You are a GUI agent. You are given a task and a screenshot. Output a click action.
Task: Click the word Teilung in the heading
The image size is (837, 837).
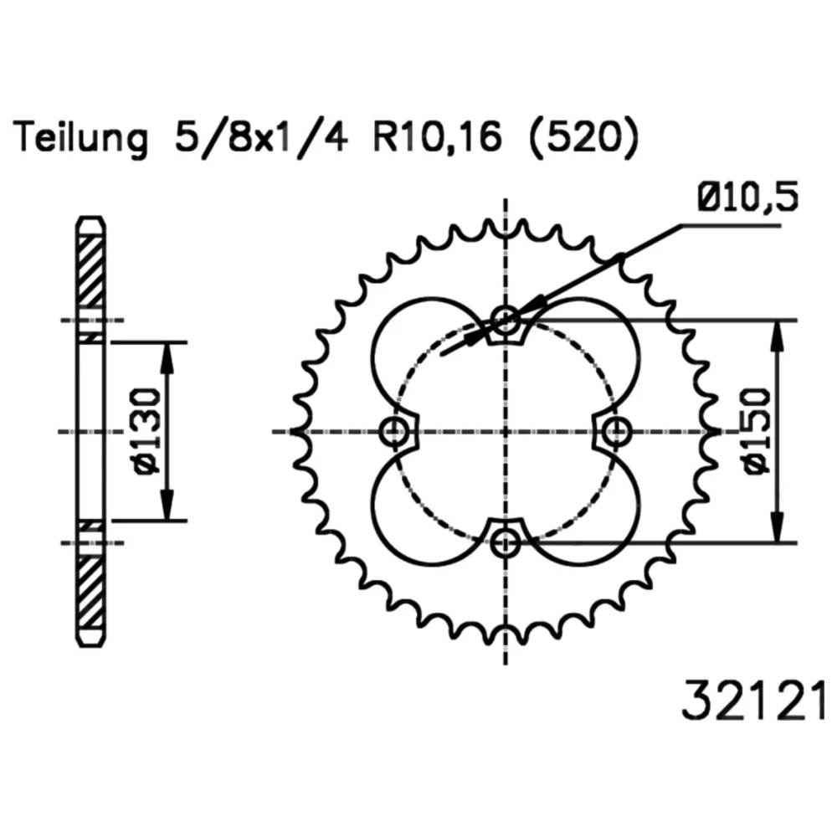[x=81, y=139]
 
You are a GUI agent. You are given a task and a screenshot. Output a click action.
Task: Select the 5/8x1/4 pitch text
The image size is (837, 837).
[x=260, y=138]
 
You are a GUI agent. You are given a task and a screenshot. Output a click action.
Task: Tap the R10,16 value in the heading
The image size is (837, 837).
[x=437, y=138]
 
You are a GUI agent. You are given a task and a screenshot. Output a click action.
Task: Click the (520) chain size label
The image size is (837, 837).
[x=583, y=138]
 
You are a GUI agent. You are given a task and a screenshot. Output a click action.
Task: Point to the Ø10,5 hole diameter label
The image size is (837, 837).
[x=747, y=197]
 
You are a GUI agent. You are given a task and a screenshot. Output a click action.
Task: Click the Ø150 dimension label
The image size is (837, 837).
[x=756, y=431]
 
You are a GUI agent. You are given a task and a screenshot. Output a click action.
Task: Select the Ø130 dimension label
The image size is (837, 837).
[x=145, y=431]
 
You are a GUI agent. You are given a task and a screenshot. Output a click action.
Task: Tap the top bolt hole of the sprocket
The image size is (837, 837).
[x=505, y=321]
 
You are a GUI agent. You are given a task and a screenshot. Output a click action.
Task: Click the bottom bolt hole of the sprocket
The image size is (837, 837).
[x=505, y=543]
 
